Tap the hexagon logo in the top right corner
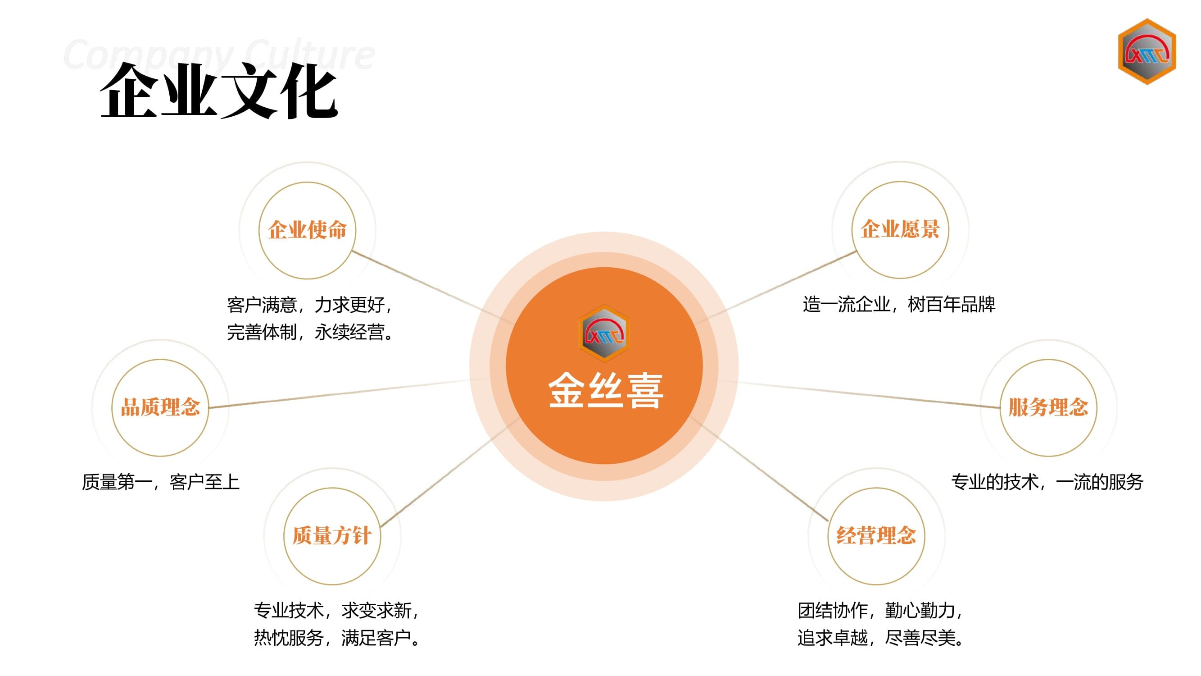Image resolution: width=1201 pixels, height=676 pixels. coord(1147,51)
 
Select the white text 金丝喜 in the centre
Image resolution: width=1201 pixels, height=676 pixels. coord(605,390)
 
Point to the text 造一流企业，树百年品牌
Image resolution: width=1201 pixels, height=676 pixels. coord(899,305)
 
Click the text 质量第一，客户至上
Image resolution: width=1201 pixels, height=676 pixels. coord(161,482)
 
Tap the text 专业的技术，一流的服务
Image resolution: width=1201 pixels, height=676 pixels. coord(1047,482)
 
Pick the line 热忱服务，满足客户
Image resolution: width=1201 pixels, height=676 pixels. coord(337,638)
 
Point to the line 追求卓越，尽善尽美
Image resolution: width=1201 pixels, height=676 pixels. coord(880,638)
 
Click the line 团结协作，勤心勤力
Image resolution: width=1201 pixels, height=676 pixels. coord(880,610)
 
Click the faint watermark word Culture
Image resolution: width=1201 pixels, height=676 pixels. coord(309,55)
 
